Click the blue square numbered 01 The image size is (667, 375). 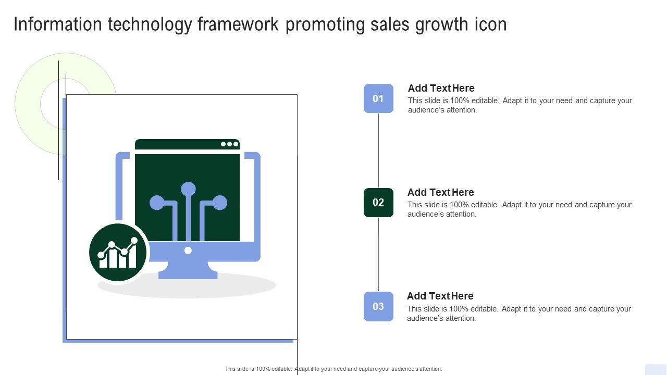point(378,98)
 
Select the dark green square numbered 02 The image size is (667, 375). point(378,203)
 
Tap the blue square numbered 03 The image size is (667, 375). point(378,307)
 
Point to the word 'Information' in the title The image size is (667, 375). point(58,24)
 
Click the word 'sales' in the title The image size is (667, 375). point(390,24)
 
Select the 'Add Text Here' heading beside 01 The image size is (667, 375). point(441,88)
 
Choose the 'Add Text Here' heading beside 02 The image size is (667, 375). point(441,192)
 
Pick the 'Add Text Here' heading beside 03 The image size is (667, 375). point(440,296)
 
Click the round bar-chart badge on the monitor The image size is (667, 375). point(118,253)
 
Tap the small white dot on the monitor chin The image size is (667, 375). point(188,251)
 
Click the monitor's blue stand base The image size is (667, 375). point(188,271)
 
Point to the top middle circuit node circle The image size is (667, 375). point(188,189)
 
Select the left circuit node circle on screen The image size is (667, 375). point(157,203)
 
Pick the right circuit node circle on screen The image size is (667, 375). point(220,203)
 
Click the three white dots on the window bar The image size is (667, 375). point(230,144)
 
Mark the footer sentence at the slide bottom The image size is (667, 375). point(333,369)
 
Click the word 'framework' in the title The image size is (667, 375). point(238,24)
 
